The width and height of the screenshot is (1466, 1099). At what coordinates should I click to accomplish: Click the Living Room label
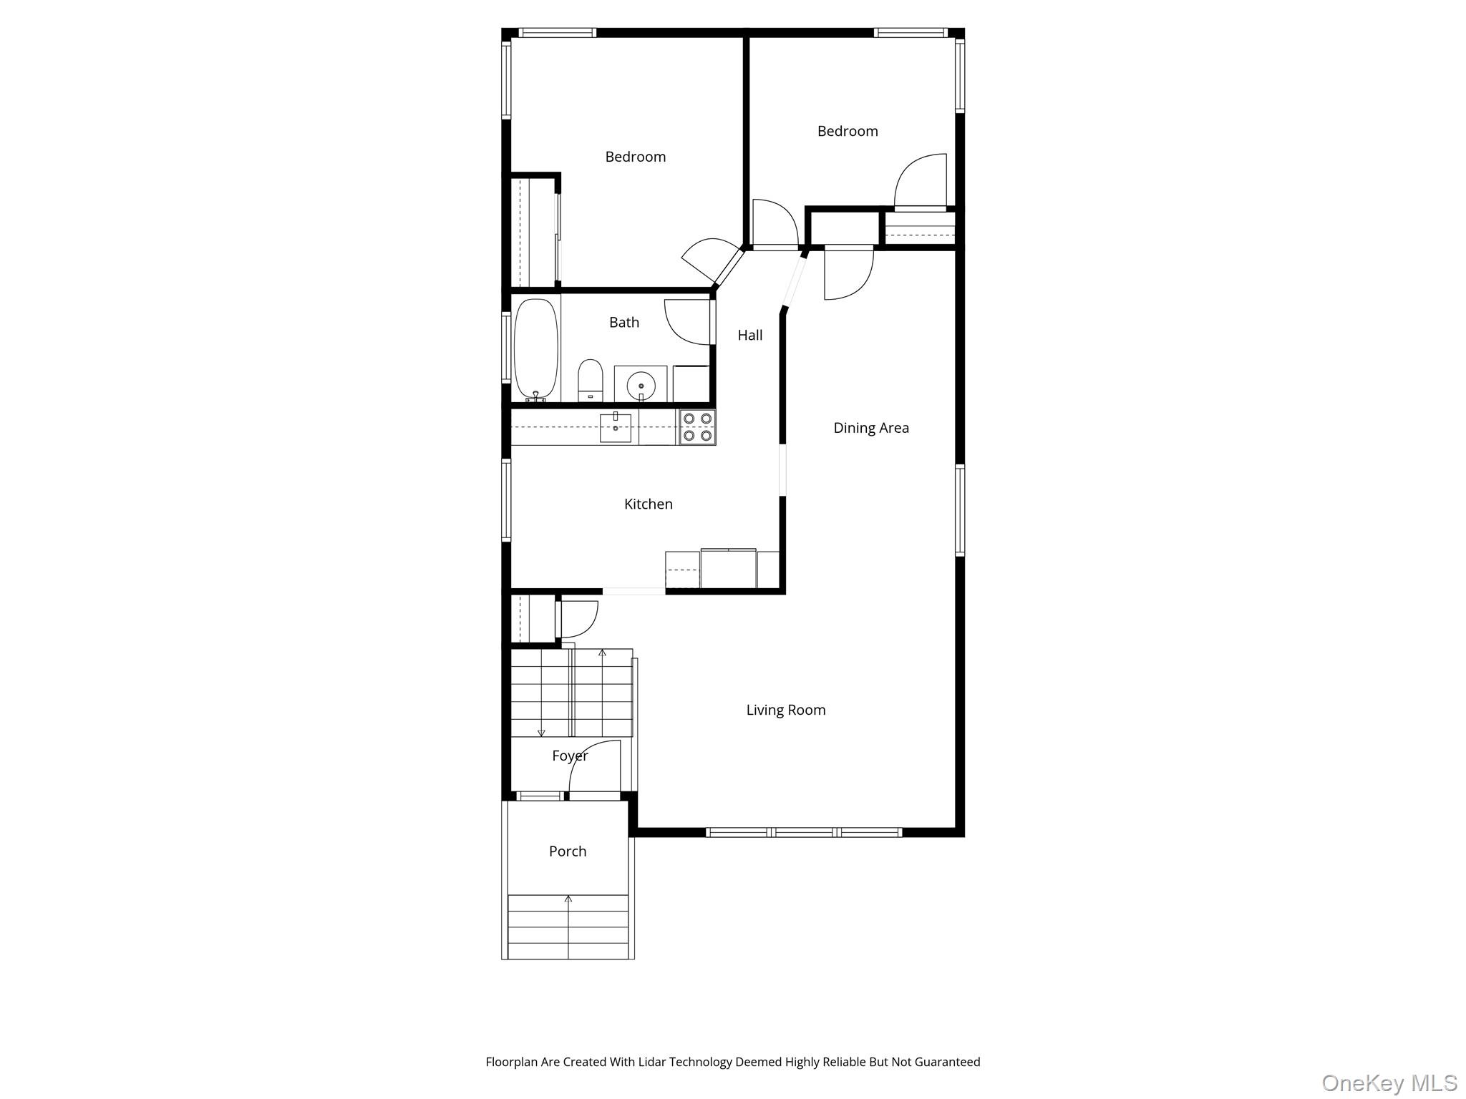(785, 710)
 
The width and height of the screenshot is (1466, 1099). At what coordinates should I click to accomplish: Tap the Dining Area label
(870, 428)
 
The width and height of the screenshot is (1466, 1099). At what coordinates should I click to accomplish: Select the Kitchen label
(648, 504)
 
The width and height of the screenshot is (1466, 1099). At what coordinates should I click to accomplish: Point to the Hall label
(749, 335)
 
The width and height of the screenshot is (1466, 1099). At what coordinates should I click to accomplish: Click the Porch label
(567, 851)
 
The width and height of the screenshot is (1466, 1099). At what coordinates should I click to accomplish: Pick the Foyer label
(570, 756)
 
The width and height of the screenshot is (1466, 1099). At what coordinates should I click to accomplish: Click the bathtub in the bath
(536, 348)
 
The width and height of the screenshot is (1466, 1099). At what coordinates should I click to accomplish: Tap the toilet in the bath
(591, 380)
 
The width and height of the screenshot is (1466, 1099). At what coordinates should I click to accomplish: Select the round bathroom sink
(641, 385)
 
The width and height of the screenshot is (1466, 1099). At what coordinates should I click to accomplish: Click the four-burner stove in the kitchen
(697, 427)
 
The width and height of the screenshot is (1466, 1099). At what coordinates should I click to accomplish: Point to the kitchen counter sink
(615, 428)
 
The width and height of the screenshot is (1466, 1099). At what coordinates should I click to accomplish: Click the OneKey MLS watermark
(1389, 1083)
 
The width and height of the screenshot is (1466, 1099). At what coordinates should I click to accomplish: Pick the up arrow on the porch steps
(569, 899)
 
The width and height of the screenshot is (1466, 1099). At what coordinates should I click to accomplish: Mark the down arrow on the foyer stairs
(541, 732)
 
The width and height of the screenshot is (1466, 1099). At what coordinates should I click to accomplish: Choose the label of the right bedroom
(848, 132)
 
